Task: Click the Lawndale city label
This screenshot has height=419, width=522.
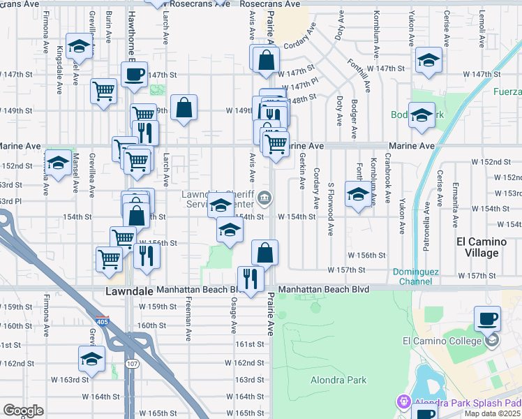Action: [x=129, y=290]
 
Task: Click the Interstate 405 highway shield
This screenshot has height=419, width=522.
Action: [x=100, y=321]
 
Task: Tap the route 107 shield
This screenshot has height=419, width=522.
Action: [x=131, y=364]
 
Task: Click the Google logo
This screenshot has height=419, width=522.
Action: [x=22, y=411]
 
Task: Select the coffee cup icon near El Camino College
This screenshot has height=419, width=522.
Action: [x=487, y=318]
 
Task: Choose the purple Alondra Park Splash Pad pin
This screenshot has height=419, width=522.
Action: [x=403, y=402]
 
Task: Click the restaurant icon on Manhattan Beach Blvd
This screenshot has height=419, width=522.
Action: [x=251, y=278]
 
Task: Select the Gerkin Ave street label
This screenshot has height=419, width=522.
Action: [x=302, y=171]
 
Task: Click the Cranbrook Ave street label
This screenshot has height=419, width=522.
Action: [x=385, y=188]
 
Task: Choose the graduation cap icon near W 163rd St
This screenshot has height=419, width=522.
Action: [x=90, y=359]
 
